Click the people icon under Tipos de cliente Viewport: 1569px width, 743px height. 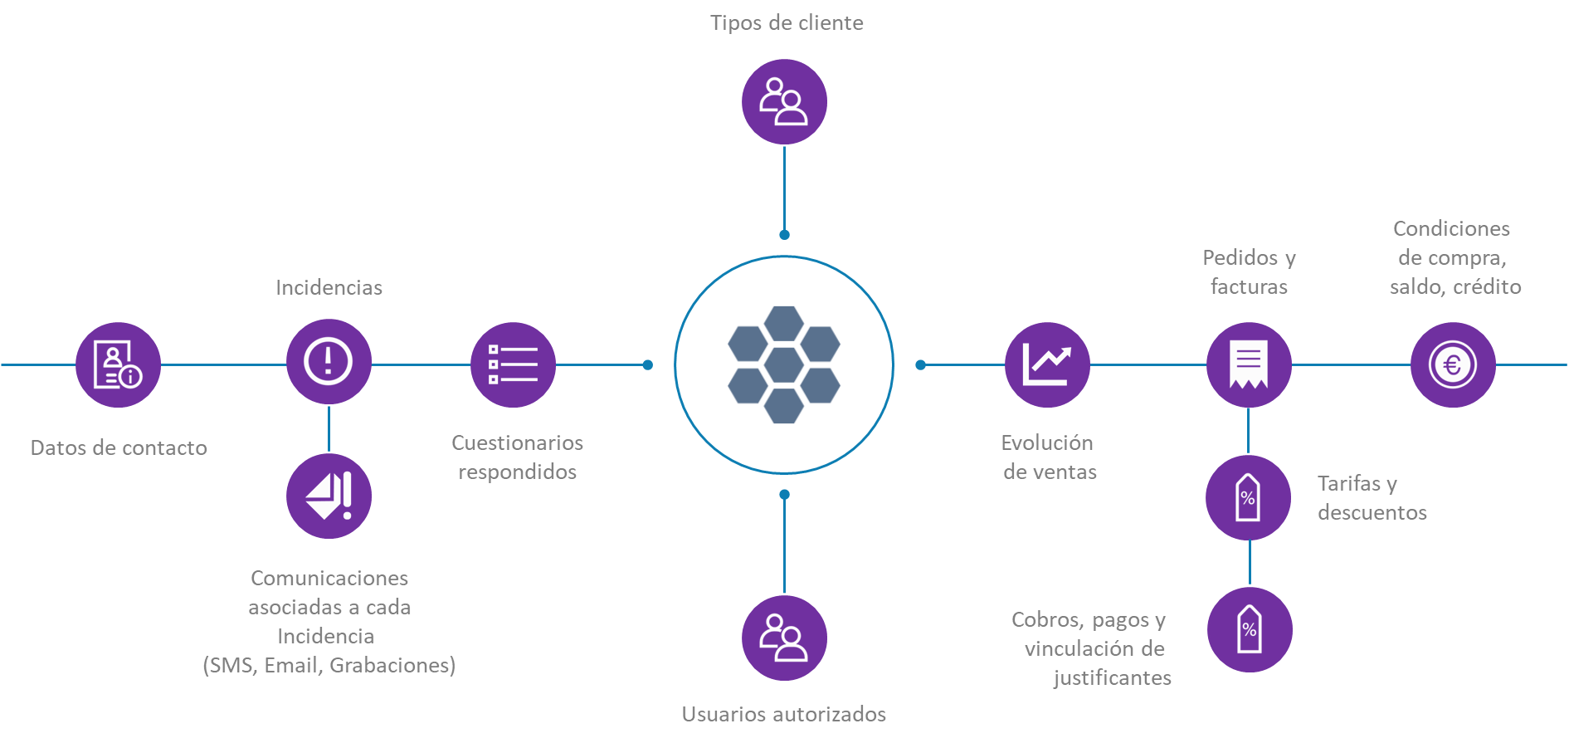pos(784,101)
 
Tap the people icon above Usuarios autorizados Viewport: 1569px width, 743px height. pos(784,638)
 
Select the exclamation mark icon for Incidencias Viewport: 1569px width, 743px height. pos(329,361)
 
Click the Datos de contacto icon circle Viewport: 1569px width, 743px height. pos(118,364)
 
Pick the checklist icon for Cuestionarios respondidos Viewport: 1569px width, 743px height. pos(513,364)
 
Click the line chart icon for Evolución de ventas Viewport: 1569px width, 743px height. pos(1047,364)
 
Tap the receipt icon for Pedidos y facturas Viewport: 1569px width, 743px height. pos(1249,364)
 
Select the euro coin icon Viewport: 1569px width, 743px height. pos(1453,364)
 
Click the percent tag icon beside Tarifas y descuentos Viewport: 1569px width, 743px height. pos(1248,497)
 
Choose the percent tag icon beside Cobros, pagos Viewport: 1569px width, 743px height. pos(1250,629)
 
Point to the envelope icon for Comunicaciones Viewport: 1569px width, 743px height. pos(329,496)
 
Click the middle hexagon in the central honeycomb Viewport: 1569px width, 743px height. pos(784,365)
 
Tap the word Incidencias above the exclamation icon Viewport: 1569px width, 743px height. pos(329,287)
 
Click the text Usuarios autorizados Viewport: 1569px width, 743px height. pos(783,714)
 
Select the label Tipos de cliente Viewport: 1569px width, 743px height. pos(787,22)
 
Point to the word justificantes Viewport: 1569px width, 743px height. pos(1112,677)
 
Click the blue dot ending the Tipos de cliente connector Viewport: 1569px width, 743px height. pos(784,235)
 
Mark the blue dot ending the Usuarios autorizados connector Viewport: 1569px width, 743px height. pos(784,495)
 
